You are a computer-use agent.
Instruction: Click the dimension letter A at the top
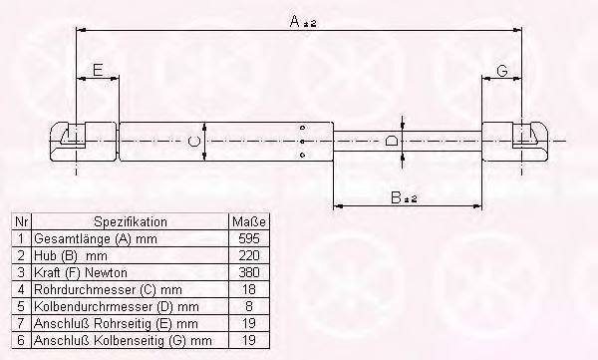click(295, 21)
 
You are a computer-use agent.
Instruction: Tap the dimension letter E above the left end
click(98, 70)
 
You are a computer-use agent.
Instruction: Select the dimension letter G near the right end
click(502, 71)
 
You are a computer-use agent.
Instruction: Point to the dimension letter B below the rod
click(397, 197)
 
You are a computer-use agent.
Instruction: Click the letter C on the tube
click(194, 142)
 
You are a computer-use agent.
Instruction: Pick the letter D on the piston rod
click(391, 141)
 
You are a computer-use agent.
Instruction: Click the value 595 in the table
click(249, 238)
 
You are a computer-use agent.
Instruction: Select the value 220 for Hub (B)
click(249, 255)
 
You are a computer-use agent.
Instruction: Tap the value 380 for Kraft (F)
click(249, 272)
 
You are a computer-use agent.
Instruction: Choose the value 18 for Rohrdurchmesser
click(249, 289)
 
